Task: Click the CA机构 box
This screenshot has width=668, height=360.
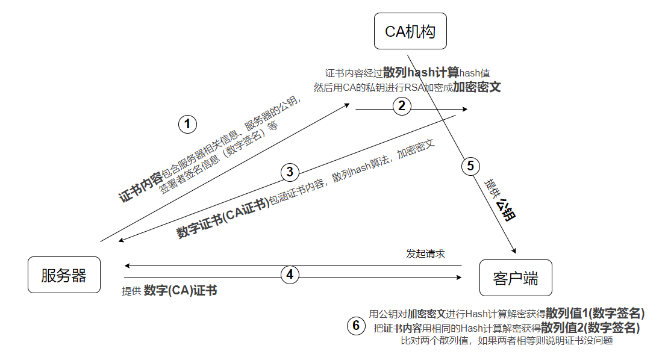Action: point(410,31)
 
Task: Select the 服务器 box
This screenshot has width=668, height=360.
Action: point(64,275)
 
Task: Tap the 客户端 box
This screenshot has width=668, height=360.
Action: point(515,278)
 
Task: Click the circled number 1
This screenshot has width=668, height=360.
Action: point(188,125)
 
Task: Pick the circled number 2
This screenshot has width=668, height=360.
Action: point(402,106)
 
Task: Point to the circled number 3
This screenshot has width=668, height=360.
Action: point(290,172)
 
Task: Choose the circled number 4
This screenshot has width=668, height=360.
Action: point(290,275)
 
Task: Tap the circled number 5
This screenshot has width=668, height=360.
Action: point(470,165)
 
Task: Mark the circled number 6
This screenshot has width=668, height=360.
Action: point(356,326)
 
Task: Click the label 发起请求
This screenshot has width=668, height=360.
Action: point(425,253)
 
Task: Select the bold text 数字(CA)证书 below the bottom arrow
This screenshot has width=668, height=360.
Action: point(181,291)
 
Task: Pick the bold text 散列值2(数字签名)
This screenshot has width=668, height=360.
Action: point(590,327)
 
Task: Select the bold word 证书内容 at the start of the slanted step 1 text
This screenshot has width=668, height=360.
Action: point(140,187)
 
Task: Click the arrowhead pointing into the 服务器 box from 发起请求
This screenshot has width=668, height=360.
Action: point(126,265)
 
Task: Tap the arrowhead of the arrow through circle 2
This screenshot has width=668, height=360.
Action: point(466,109)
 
